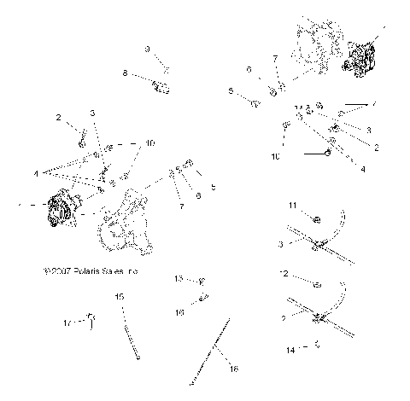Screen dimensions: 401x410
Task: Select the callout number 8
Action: tap(125, 74)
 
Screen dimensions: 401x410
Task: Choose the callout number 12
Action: tap(284, 275)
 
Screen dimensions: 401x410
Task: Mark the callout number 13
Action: tap(179, 279)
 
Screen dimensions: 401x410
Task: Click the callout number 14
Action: tap(290, 350)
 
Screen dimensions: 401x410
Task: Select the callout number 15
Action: tap(120, 296)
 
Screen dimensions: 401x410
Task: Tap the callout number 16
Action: tap(179, 313)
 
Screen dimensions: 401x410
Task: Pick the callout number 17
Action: tap(67, 323)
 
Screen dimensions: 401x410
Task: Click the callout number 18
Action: tap(234, 368)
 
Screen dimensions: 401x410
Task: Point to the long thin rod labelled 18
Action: tap(214, 350)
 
